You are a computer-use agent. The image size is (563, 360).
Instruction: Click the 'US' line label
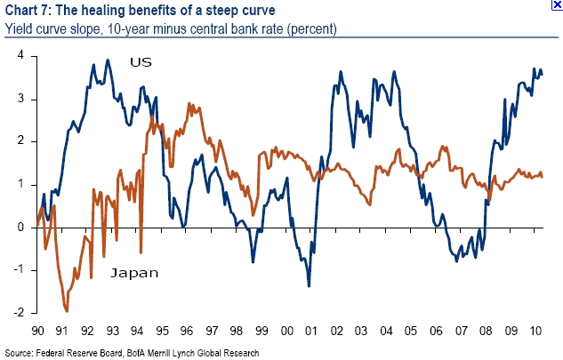tap(141, 62)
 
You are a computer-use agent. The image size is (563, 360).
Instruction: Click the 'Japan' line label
tap(134, 273)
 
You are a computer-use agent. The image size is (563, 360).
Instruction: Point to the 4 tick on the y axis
tap(20, 56)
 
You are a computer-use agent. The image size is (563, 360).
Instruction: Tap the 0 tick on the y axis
tap(20, 228)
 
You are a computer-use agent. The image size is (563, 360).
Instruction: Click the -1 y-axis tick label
tap(18, 270)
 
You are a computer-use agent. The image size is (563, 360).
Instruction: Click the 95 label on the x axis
tap(162, 331)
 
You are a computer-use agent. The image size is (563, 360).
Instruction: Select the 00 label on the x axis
tap(286, 331)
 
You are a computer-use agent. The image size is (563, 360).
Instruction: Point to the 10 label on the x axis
tap(536, 331)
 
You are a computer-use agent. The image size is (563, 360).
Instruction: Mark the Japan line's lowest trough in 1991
tap(67, 310)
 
